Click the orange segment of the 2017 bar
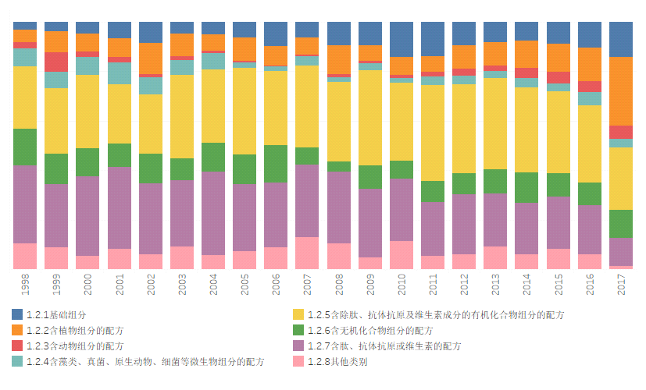click(x=620, y=90)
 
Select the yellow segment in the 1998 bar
click(x=25, y=97)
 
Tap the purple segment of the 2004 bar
click(x=213, y=213)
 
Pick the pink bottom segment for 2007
click(x=307, y=253)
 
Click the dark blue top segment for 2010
click(x=402, y=39)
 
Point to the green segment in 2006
click(x=276, y=163)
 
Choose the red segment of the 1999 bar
click(x=56, y=62)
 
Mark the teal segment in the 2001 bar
click(x=120, y=73)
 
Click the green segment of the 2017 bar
click(x=620, y=224)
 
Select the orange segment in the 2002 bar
click(x=151, y=58)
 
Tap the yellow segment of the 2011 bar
click(x=433, y=133)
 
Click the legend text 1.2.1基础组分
click(x=56, y=314)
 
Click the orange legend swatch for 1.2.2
click(x=17, y=330)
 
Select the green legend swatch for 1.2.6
click(x=298, y=330)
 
